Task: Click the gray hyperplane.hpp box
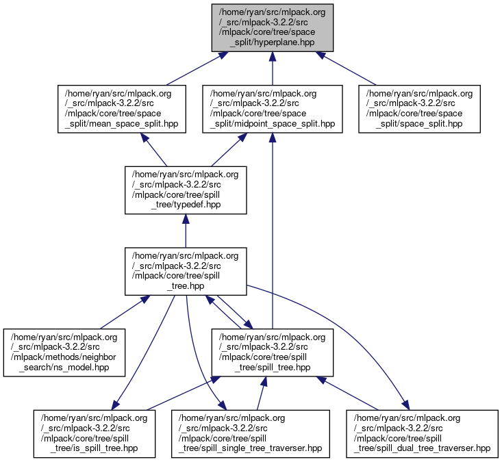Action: pyautogui.click(x=273, y=27)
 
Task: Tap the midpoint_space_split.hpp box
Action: pyautogui.click(x=272, y=108)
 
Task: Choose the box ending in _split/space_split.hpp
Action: pyautogui.click(x=419, y=108)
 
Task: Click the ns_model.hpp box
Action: pyautogui.click(x=64, y=352)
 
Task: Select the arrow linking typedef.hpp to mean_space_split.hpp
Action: pyautogui.click(x=155, y=149)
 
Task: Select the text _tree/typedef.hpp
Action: pyautogui.click(x=185, y=204)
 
